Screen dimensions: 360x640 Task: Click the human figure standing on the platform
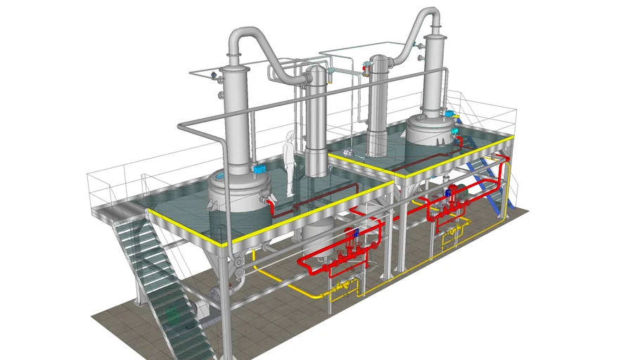point(289,162)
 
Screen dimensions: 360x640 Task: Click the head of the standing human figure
point(290,135)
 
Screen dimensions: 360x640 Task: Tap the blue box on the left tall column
point(258,169)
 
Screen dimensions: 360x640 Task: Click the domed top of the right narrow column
point(380,59)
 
